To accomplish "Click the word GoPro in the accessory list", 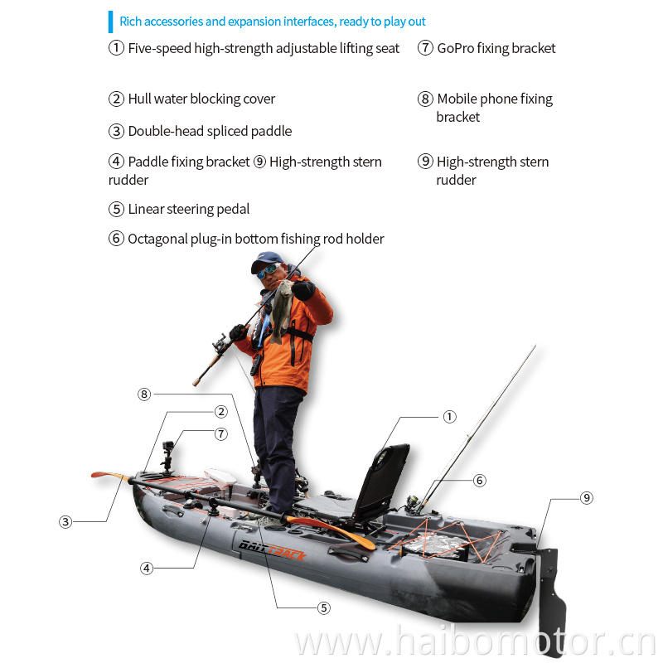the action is (x=455, y=48).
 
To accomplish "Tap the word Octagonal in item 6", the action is (x=157, y=240).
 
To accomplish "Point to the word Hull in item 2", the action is (x=139, y=99).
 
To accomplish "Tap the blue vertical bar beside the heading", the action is (x=111, y=22).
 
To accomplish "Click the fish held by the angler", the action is (x=281, y=310).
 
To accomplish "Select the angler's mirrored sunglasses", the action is (x=268, y=271).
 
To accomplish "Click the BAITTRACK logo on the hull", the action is (x=272, y=549).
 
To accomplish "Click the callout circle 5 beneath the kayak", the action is (x=324, y=608).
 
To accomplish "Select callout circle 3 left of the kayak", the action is (x=65, y=522).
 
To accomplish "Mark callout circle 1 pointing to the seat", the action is (x=449, y=417).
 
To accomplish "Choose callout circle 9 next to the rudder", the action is (x=587, y=498).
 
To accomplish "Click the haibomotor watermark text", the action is (x=476, y=641).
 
